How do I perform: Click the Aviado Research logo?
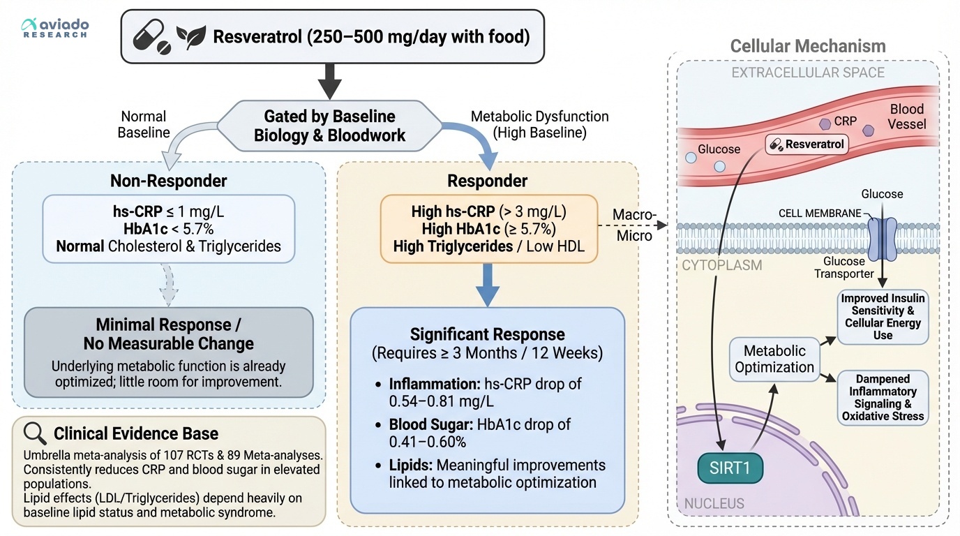56,28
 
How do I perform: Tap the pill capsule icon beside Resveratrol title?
152,36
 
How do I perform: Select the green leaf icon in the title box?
190,36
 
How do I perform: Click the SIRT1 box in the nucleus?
730,468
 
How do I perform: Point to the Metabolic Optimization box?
774,359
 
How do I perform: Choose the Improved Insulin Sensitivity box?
883,317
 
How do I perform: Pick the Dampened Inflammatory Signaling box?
883,398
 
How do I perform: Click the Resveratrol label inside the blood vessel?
807,145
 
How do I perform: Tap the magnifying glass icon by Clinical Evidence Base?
35,433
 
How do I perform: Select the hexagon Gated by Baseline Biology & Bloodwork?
329,126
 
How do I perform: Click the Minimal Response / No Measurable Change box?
168,352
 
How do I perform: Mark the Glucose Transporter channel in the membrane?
881,237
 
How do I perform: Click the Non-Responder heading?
168,181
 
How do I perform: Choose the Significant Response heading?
487,334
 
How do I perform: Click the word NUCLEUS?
714,503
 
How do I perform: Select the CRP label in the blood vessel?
845,121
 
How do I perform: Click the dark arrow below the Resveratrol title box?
329,82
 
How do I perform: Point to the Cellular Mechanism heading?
807,47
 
